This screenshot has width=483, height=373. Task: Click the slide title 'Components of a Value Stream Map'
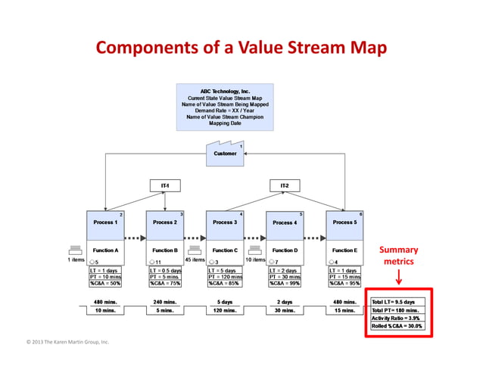241,48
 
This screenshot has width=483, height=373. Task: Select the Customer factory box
224,154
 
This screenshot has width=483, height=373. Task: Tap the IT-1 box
165,185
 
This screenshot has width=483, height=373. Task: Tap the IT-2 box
285,185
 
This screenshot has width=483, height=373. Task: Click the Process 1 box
104,222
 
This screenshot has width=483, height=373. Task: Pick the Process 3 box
224,222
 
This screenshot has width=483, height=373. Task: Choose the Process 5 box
344,222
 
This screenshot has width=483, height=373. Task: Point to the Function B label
165,250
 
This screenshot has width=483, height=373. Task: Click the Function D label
285,250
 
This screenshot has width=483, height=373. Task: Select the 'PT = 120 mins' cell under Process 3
225,277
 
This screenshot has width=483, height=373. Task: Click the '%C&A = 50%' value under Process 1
105,284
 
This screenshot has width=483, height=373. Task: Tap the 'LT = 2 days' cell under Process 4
285,270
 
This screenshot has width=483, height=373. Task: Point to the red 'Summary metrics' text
398,256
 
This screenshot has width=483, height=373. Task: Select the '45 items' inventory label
195,260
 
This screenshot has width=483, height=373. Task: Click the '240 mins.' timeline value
165,302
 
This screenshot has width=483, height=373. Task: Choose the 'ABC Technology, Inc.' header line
224,92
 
